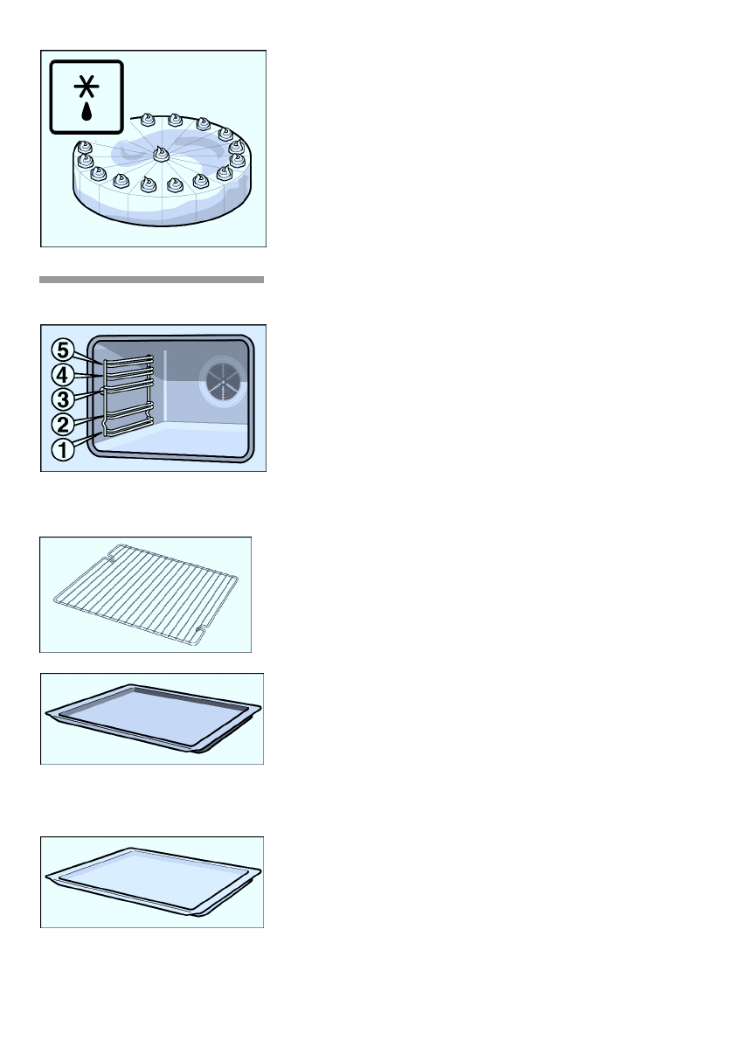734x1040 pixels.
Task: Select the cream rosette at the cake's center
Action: (x=161, y=155)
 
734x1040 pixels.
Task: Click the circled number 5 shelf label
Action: (x=63, y=350)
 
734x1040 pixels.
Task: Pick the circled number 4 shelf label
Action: (x=63, y=375)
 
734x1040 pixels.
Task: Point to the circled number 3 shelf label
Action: (x=63, y=399)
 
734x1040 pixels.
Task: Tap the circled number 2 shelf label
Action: (x=63, y=426)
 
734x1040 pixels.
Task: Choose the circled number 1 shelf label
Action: (x=63, y=451)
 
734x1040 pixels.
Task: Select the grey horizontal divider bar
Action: (x=151, y=280)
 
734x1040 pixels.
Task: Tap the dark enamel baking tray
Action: (x=153, y=718)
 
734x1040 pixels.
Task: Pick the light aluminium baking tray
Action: (x=153, y=881)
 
